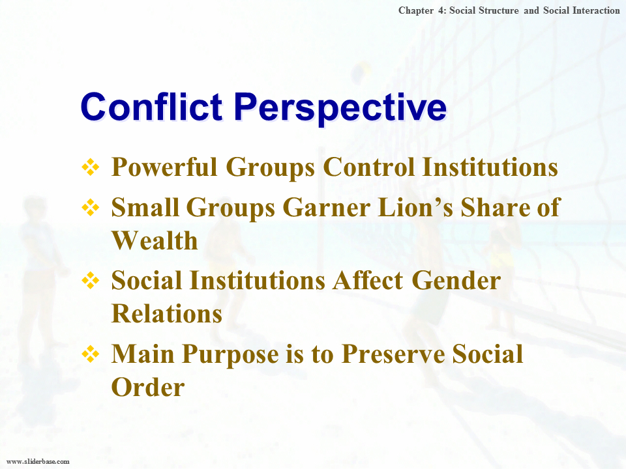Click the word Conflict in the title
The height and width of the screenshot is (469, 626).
(151, 106)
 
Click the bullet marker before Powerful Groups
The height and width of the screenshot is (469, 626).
(90, 167)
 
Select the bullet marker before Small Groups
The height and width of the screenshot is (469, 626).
(90, 208)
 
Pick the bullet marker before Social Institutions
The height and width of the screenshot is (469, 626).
(90, 281)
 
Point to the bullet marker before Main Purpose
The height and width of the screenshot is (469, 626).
(90, 354)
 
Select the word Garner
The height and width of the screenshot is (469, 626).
(327, 207)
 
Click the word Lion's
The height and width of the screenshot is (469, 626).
(415, 207)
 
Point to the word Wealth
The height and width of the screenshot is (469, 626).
(155, 240)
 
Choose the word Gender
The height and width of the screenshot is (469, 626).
(456, 280)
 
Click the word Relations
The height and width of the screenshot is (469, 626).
(166, 313)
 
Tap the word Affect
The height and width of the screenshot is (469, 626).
(368, 280)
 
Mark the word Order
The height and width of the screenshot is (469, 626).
(148, 387)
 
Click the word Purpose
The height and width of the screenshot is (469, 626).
(230, 355)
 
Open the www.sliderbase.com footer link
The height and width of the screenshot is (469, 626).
(38, 461)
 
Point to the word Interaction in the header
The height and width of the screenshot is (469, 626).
(596, 10)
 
